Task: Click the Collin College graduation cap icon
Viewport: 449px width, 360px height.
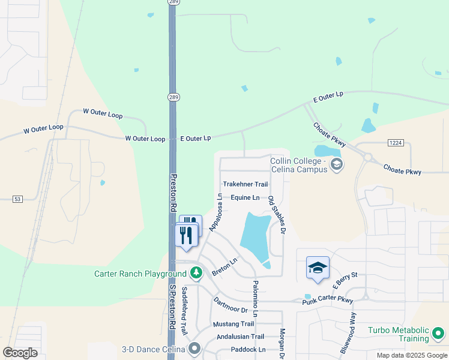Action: (x=337, y=164)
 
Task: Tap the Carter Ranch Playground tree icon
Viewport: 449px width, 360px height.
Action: (x=196, y=274)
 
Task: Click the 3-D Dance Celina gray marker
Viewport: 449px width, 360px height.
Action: (x=194, y=349)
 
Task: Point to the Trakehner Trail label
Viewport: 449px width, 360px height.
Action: (x=245, y=184)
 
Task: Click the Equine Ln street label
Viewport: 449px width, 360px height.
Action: (x=245, y=197)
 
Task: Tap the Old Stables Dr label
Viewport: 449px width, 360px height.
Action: (x=276, y=214)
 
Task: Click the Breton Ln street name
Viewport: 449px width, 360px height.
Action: (x=224, y=268)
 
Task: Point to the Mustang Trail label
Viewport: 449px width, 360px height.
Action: (x=234, y=324)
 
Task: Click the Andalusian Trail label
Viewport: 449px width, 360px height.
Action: (x=240, y=337)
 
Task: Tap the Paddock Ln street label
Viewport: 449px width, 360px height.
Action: (x=248, y=349)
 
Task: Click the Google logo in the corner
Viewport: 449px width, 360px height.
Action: (x=20, y=352)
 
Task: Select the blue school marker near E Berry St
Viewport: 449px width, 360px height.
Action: (x=318, y=268)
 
